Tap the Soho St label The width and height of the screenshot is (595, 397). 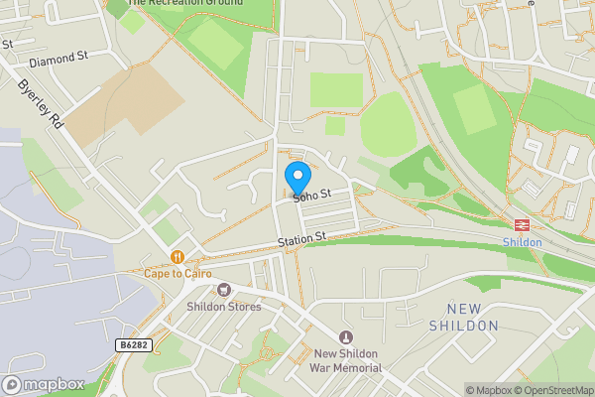tap(310, 198)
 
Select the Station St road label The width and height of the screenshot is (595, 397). tap(302, 239)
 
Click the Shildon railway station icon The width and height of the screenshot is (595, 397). tap(522, 224)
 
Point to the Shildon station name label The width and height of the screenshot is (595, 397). tap(522, 242)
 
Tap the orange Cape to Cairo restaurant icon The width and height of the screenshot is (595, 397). tap(178, 256)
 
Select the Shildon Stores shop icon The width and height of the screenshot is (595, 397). tap(224, 290)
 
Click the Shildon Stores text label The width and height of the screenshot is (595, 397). tap(224, 307)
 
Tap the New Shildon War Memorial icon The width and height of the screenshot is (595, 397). tap(346, 337)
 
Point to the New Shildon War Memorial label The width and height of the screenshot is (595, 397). tap(347, 360)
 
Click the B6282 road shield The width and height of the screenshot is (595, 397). tap(134, 345)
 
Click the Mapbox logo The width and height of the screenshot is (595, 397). tap(44, 384)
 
